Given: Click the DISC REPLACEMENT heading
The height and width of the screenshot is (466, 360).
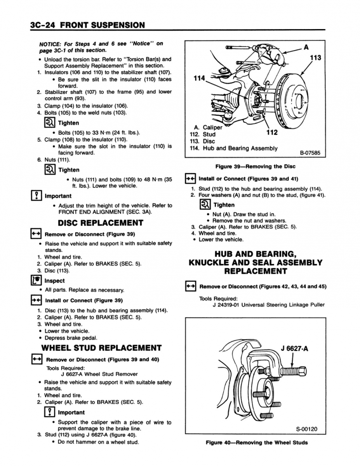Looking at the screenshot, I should [100, 223].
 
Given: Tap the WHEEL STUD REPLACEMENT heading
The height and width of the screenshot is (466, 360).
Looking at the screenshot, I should [101, 348].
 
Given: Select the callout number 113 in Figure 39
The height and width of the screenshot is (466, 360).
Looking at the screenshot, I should [316, 58].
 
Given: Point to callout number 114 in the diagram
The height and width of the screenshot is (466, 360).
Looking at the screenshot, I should [199, 78].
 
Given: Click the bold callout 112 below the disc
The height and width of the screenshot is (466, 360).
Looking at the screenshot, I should [272, 132].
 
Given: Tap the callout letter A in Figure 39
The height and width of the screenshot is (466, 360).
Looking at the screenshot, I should [306, 47].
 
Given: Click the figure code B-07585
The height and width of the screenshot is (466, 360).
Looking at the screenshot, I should [310, 153].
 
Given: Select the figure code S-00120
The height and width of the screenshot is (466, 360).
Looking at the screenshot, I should [306, 429].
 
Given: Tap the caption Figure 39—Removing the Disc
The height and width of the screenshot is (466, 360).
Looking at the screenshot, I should [255, 167].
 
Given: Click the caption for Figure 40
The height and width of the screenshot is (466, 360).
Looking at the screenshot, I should [256, 442].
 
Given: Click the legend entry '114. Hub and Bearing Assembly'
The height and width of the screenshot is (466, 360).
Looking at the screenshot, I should [233, 148].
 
